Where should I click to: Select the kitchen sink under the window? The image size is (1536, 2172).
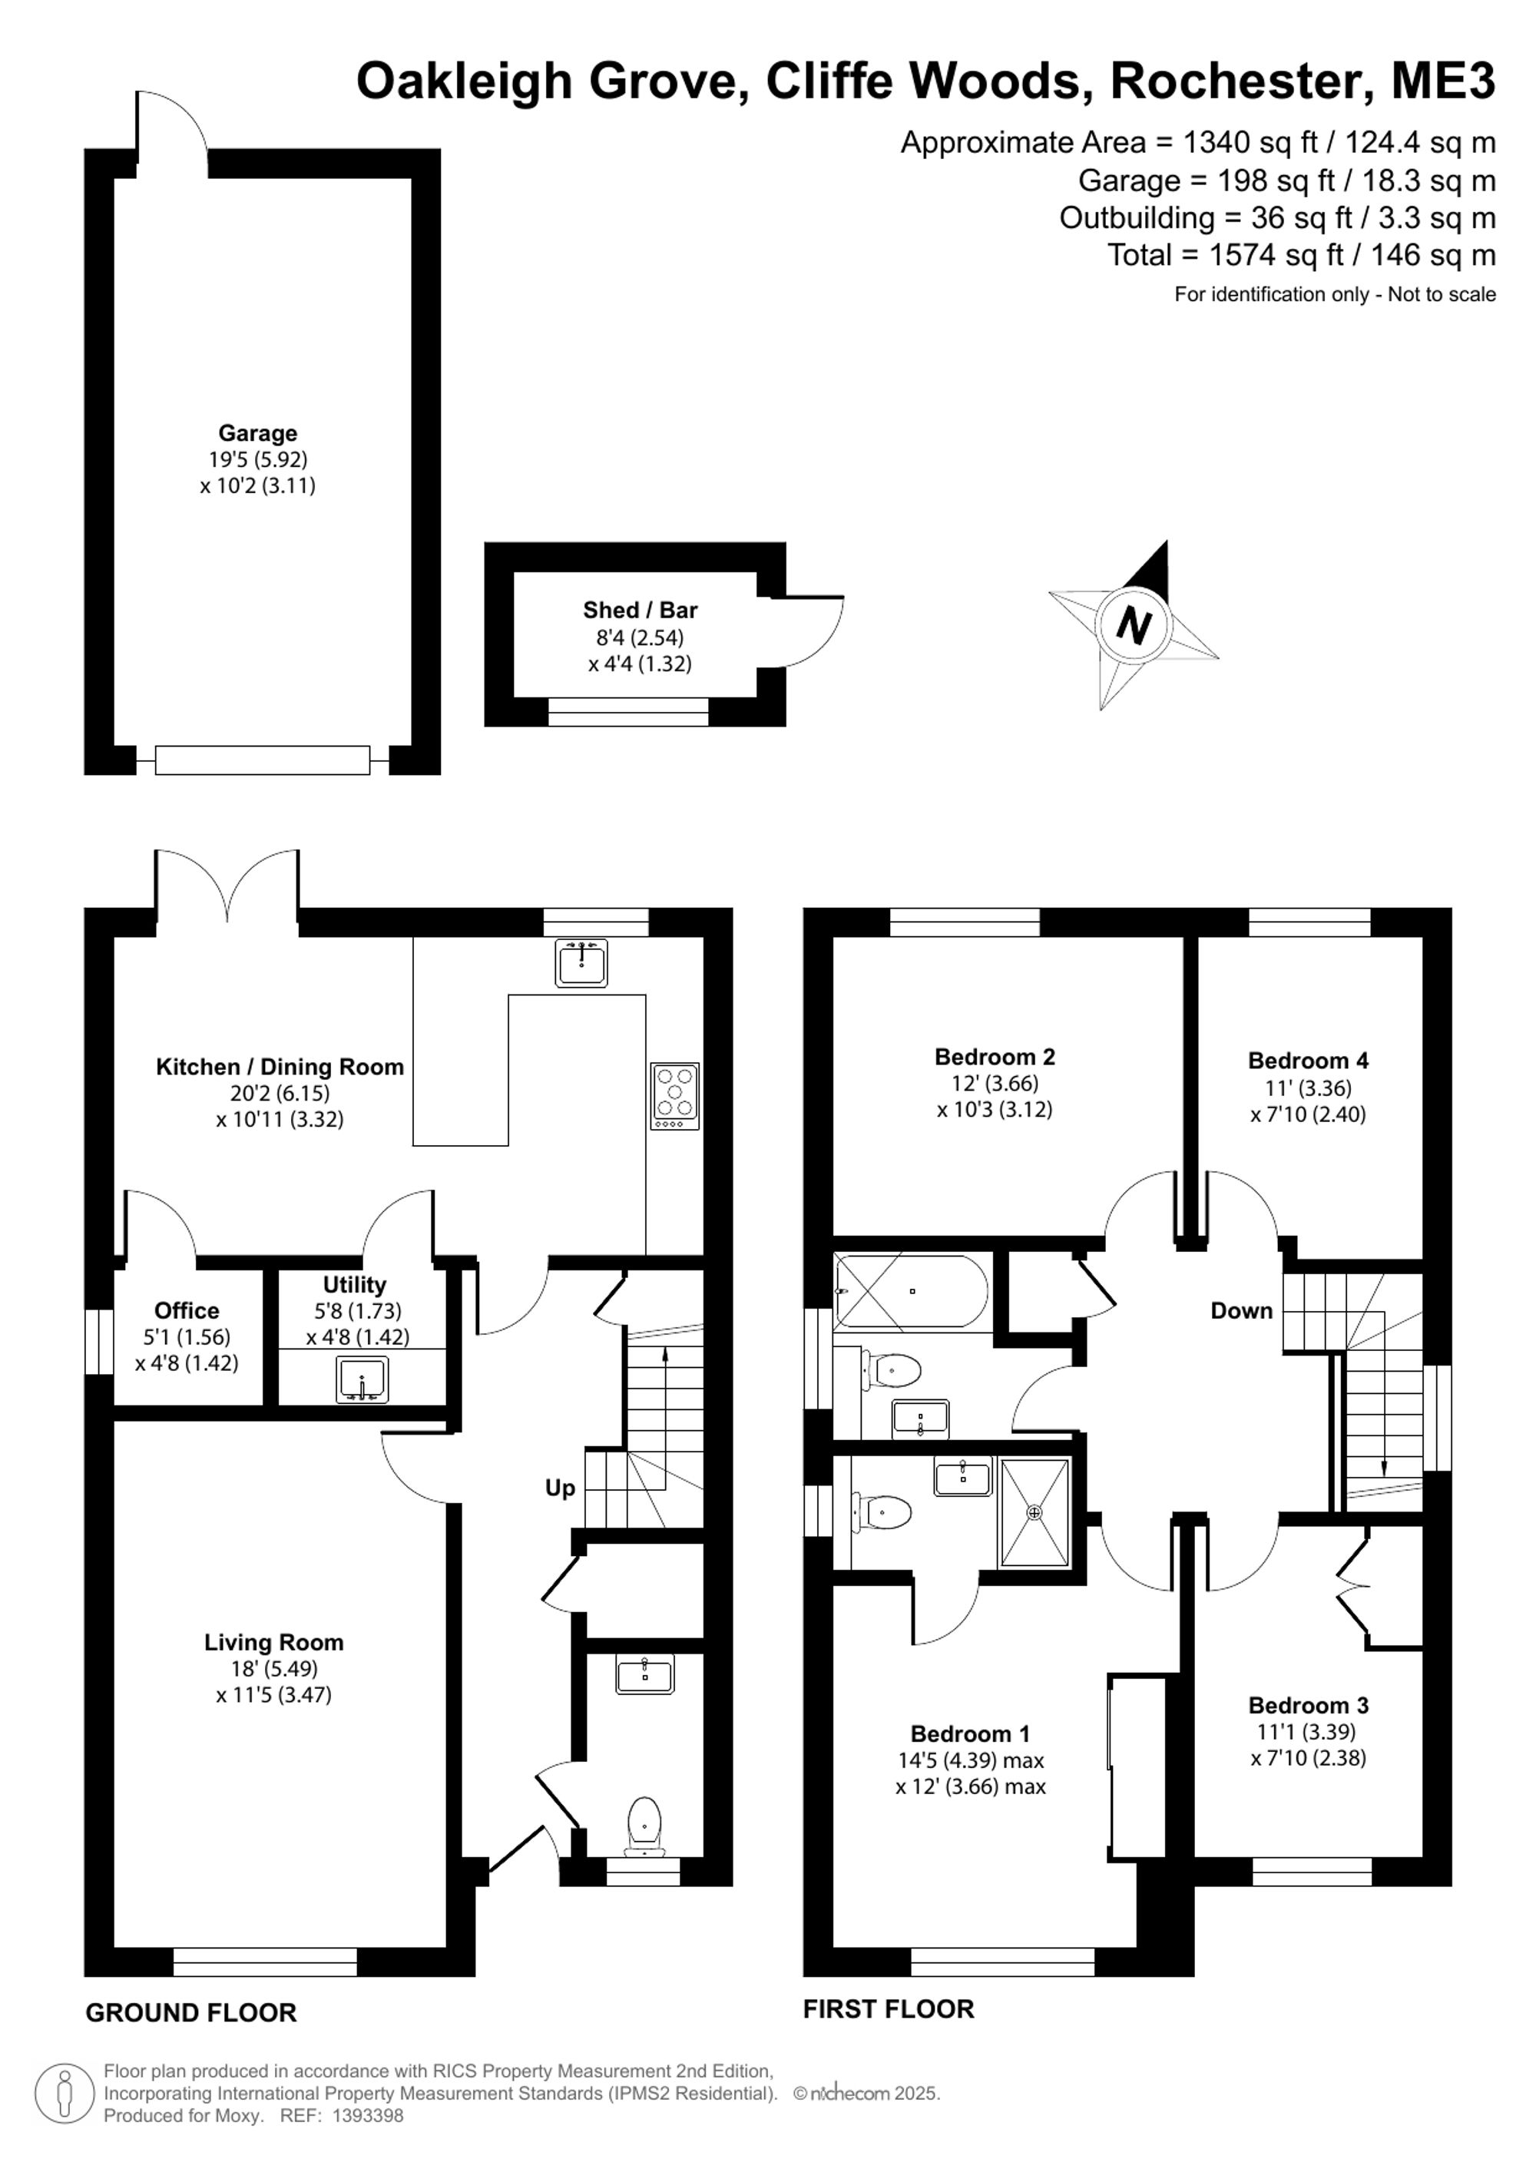[x=581, y=963]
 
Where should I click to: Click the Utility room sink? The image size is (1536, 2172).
[x=362, y=1379]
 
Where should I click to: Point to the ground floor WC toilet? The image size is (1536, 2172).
[x=645, y=1825]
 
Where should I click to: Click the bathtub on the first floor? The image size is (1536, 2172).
[x=911, y=1291]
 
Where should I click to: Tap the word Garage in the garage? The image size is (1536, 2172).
[x=257, y=433]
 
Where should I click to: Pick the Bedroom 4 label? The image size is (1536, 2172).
[x=1308, y=1061]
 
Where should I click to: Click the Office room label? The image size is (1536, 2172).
[x=187, y=1310]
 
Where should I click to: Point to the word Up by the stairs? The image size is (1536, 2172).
[x=560, y=1489]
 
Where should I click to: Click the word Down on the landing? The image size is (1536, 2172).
[x=1242, y=1310]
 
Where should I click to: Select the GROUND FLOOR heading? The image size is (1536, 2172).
[x=191, y=2012]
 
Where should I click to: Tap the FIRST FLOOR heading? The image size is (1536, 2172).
[x=888, y=2008]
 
